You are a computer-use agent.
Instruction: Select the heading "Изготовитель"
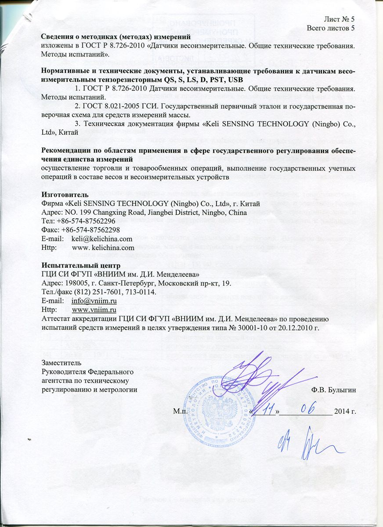pyautogui.click(x=65, y=195)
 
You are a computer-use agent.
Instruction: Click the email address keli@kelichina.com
pyautogui.click(x=102, y=238)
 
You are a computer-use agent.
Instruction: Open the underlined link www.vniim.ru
pyautogui.click(x=94, y=310)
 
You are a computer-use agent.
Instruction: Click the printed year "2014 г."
pyautogui.click(x=345, y=411)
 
